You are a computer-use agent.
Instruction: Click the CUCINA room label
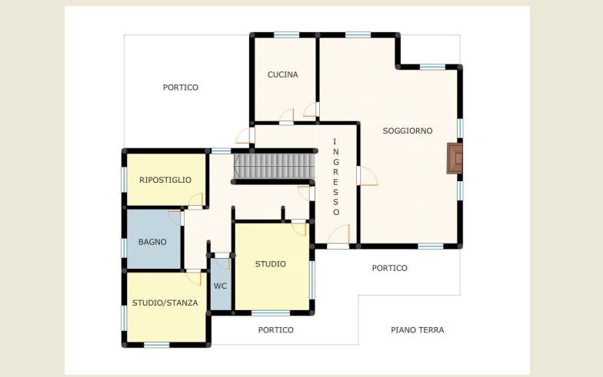(x=283, y=74)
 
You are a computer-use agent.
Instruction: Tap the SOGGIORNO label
(x=408, y=131)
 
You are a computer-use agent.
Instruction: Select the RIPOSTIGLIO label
(x=165, y=180)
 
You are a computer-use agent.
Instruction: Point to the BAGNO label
(x=152, y=242)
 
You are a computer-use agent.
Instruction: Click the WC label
(x=220, y=286)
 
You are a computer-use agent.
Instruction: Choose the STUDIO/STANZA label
(x=165, y=303)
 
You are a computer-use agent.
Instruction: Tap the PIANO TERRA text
(x=417, y=330)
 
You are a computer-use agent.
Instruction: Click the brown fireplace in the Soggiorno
(x=454, y=158)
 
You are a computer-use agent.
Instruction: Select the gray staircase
(x=274, y=166)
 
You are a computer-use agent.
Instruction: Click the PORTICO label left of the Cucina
(x=180, y=88)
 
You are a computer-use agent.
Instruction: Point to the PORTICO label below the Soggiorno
(x=389, y=268)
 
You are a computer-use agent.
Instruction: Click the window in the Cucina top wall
(x=286, y=35)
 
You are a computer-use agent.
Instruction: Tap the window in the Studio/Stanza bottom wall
(x=157, y=346)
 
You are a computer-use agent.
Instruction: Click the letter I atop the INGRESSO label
(x=335, y=141)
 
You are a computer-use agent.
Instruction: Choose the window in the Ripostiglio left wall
(x=125, y=180)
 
